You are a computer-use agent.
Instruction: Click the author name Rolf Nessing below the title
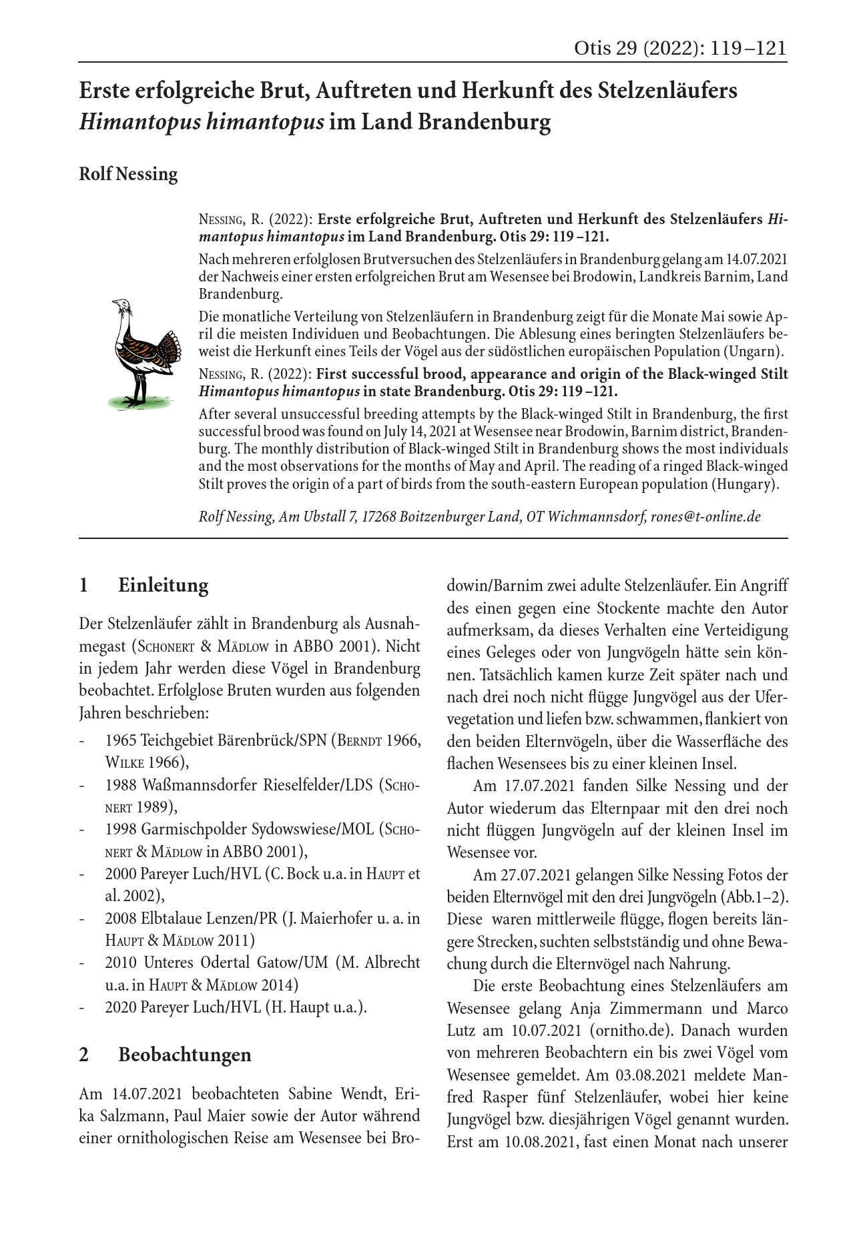coord(128,174)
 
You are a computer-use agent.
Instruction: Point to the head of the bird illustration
coord(121,306)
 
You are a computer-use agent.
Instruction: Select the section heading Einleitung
coord(163,586)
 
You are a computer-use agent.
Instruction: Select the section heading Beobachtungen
coord(184,1055)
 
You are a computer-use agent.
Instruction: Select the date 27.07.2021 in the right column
coord(539,874)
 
